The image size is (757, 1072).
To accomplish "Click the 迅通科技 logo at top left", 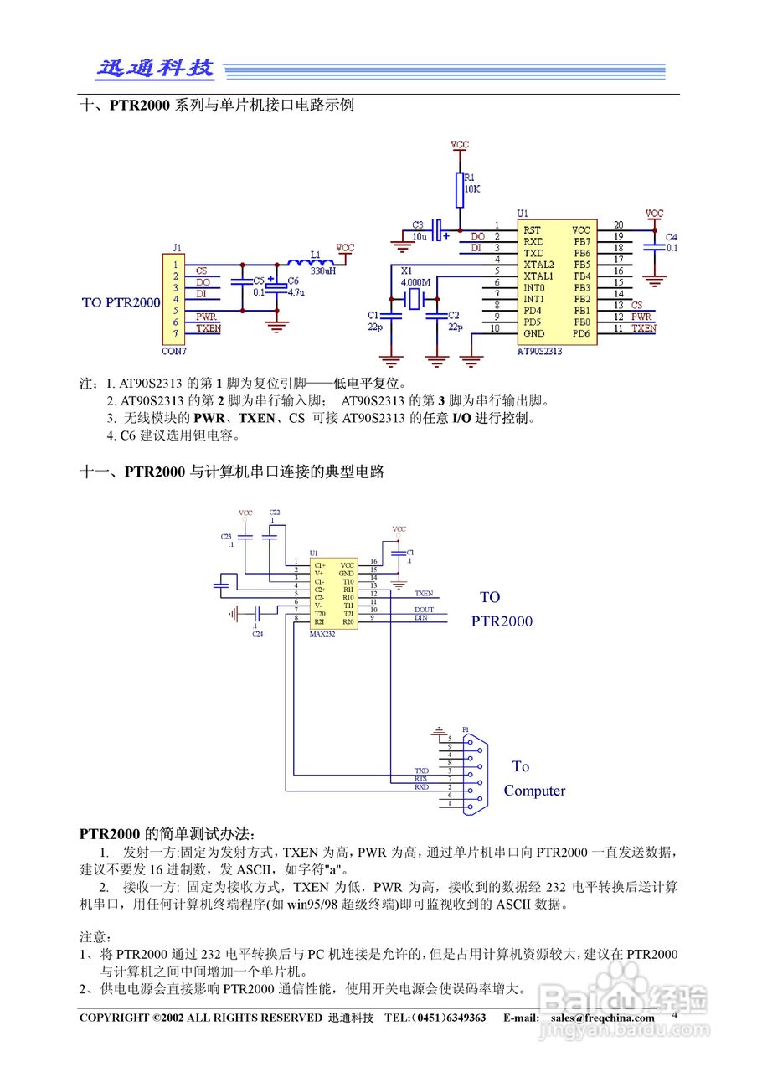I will (155, 70).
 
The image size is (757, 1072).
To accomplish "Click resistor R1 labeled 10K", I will (460, 190).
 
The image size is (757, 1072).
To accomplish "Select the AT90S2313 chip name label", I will (539, 352).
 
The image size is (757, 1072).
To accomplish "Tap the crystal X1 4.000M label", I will (415, 282).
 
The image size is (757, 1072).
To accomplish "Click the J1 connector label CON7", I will (173, 352).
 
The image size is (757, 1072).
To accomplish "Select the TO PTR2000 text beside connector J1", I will (121, 302).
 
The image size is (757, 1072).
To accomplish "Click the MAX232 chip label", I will (322, 635).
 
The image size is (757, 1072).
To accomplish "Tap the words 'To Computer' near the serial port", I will (533, 779).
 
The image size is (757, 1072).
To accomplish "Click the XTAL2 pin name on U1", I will (538, 264).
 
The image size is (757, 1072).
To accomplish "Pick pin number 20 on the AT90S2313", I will (618, 225).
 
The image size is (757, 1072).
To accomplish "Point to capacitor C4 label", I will (671, 237).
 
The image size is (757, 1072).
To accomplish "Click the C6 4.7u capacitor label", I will (295, 286).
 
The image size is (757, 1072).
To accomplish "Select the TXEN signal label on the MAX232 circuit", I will (424, 593).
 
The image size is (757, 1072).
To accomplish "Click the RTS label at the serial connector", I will (421, 779).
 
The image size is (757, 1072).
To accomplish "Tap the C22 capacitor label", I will (275, 512).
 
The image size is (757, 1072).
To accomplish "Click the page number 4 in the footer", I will (675, 1014).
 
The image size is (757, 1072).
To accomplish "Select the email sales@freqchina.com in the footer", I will (603, 1018).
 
